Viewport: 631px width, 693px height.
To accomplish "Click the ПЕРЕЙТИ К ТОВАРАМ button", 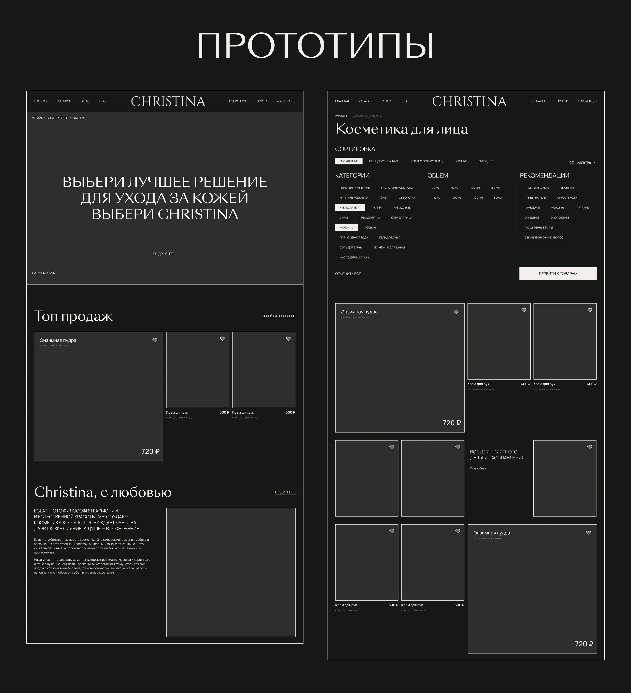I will (x=558, y=274).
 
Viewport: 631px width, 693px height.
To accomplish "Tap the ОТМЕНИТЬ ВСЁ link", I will (x=348, y=274).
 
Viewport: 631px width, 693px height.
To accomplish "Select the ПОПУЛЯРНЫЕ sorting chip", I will (x=349, y=161).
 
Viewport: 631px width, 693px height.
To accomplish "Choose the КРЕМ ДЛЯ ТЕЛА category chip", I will (x=350, y=208).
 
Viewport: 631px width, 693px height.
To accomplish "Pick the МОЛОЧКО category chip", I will (x=346, y=228).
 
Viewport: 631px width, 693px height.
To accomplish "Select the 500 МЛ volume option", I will (x=498, y=198).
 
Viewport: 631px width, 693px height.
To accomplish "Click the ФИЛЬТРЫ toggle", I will (x=583, y=163).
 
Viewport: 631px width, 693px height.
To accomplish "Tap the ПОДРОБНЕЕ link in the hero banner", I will (x=163, y=254).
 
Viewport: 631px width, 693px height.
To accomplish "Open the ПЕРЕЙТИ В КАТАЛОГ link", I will (x=278, y=316).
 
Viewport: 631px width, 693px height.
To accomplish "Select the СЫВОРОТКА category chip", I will (x=407, y=198).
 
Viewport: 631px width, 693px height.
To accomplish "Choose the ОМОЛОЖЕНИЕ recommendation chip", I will (x=560, y=218).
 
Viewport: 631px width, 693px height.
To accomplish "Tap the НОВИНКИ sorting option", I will (x=460, y=161).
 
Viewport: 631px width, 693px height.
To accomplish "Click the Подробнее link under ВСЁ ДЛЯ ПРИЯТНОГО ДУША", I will (x=478, y=469).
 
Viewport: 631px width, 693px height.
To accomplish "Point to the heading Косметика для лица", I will (x=401, y=129).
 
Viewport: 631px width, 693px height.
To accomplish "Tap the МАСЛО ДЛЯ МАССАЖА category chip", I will (x=354, y=258).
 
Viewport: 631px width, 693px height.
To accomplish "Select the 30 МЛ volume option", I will (x=436, y=188).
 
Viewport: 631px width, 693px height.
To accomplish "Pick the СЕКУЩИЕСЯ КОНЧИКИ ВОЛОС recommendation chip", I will (x=544, y=237).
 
